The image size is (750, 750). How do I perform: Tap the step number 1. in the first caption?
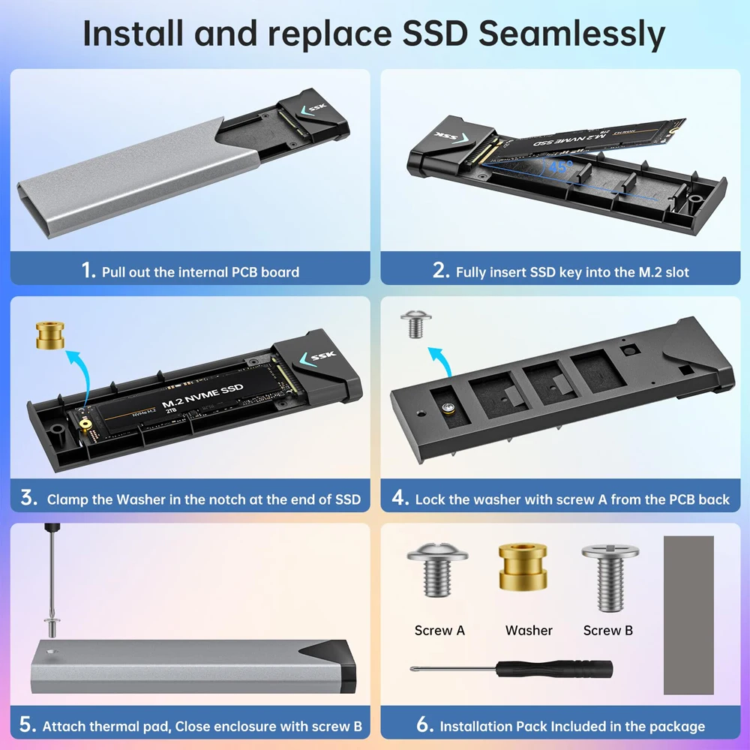88,271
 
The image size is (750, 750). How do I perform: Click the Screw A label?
439,631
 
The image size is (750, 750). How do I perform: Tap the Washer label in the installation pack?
529,631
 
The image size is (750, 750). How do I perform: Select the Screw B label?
608,631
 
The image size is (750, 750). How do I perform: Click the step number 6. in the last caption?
425,725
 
